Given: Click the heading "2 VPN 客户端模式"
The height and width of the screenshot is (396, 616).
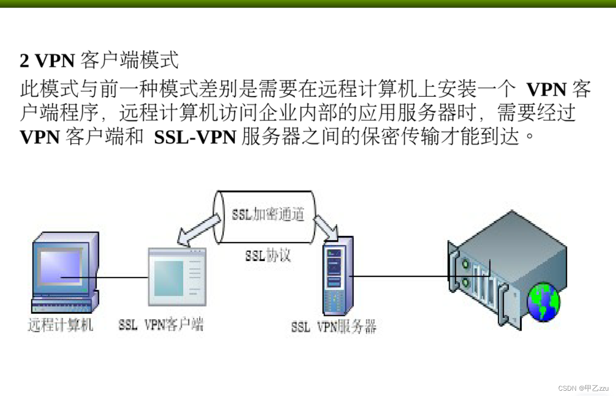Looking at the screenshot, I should (99, 61).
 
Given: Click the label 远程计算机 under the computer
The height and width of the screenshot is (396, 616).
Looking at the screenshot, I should (60, 325).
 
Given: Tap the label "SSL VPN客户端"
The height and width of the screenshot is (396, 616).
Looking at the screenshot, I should (161, 325).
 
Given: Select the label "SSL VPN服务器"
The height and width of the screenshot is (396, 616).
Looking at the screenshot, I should (333, 327).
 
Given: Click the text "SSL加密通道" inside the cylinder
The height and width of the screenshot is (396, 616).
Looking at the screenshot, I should (268, 214).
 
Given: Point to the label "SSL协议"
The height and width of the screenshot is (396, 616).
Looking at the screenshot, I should (268, 255).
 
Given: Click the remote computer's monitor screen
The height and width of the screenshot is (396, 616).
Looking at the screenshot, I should (61, 266).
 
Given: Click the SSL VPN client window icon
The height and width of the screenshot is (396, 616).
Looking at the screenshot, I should (177, 277).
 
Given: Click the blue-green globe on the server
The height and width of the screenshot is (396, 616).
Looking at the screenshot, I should (543, 301).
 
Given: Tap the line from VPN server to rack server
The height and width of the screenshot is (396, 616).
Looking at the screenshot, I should (399, 276).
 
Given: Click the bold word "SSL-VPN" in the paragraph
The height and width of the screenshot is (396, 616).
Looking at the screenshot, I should (195, 137).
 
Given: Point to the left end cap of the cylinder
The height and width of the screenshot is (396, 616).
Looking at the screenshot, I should (219, 216).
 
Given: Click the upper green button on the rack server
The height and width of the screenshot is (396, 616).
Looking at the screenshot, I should (465, 264).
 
